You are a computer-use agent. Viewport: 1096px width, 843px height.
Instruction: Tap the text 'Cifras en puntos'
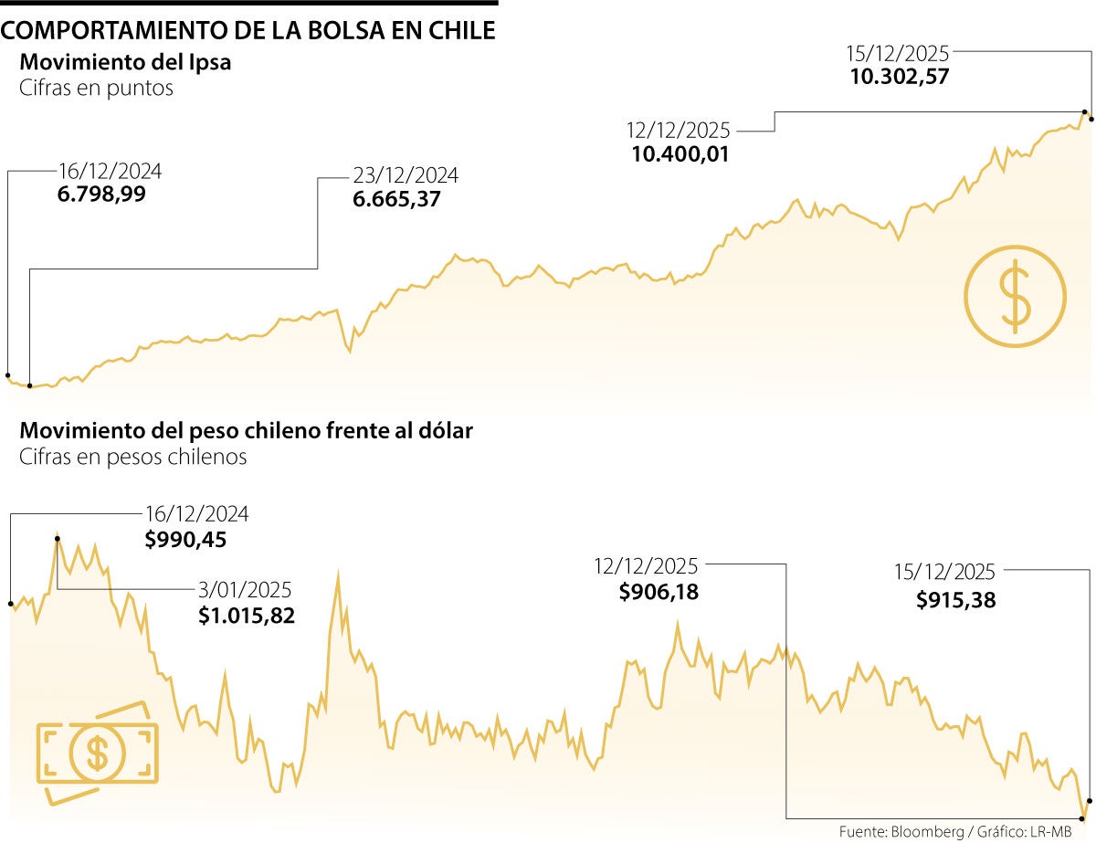point(96,90)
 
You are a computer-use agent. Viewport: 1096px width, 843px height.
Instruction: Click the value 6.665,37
point(396,199)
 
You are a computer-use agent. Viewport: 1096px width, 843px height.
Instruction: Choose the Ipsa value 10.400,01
point(680,154)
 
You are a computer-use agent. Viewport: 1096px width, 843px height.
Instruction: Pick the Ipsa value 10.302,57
point(900,77)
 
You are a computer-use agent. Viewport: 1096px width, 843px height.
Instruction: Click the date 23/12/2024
point(406,174)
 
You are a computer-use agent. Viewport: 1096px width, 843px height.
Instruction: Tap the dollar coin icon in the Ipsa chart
point(1015,296)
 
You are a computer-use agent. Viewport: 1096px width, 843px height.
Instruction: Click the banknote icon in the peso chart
point(97,753)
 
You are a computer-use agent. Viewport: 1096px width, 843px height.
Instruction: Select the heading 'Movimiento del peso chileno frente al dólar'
point(246,430)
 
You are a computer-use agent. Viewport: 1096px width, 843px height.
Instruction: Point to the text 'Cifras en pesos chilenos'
point(132,457)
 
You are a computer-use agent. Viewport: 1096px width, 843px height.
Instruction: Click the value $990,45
point(185,540)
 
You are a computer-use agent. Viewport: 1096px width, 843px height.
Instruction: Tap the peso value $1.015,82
point(247,616)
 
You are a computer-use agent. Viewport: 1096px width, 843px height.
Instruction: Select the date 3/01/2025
point(247,590)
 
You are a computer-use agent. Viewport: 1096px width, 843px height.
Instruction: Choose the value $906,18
point(659,592)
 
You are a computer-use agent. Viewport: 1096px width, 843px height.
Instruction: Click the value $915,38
point(955,600)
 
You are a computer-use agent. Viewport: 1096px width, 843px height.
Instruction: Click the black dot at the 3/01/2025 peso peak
point(58,539)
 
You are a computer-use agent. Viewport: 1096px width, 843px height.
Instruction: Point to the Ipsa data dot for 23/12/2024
point(30,385)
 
